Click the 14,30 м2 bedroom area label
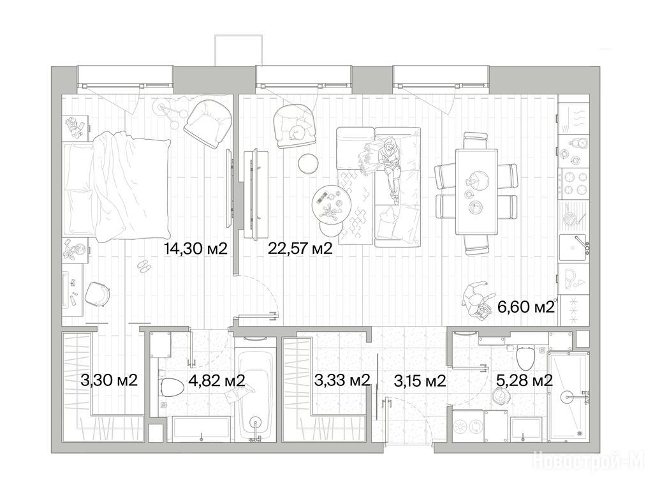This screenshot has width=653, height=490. (x=195, y=249)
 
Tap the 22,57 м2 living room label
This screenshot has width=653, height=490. (x=300, y=249)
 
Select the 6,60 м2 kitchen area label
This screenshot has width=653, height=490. (x=526, y=308)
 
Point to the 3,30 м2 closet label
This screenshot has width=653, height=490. (x=109, y=380)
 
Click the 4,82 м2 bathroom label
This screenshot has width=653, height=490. (x=216, y=380)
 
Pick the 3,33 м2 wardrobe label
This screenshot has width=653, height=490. (x=342, y=380)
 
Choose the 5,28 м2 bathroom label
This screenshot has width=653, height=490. (x=524, y=380)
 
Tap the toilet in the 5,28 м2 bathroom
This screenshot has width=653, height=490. (x=525, y=357)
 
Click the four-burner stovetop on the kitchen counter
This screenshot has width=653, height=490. (x=575, y=183)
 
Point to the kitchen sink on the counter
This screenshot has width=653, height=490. (x=575, y=248)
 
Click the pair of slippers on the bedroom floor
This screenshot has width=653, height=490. (x=143, y=267)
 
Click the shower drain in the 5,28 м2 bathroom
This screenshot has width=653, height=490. (x=579, y=433)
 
